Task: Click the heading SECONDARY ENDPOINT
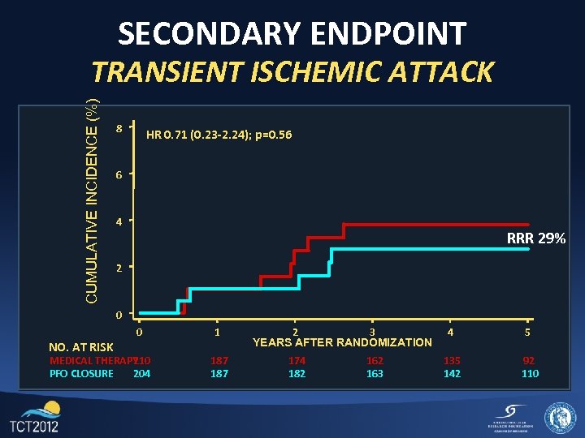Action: coord(292,33)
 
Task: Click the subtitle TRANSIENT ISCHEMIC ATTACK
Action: coord(292,71)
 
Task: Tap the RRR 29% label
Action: coord(535,238)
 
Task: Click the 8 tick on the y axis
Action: coord(119,128)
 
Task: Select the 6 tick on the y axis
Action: coord(119,175)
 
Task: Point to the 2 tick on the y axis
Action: coord(119,267)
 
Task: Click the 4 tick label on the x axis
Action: coord(450,332)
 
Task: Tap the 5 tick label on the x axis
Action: coord(528,332)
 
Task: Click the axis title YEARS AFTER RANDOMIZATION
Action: coord(342,342)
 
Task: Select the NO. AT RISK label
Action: coord(81,348)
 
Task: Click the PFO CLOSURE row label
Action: coord(81,373)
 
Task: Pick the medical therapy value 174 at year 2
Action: coord(297,360)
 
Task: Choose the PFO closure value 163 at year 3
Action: coord(375,373)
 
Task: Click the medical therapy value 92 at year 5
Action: coord(529,360)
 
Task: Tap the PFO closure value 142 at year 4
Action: coord(452,373)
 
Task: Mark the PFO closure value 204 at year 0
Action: coord(141,373)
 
